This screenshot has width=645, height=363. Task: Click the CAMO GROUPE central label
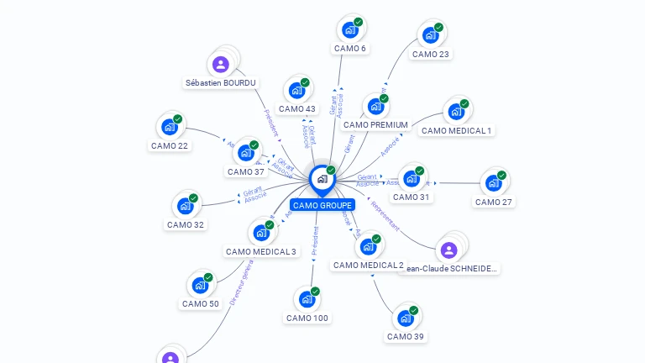pos(322,205)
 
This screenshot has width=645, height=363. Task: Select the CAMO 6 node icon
pos(349,30)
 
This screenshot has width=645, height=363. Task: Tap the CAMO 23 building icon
pos(431,35)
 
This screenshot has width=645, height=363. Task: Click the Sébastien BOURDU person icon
pos(221,64)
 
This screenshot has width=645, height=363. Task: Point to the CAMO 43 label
pos(297,108)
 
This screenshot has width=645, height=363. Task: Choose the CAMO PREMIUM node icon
pos(375,107)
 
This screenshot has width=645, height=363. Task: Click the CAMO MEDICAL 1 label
pos(456,130)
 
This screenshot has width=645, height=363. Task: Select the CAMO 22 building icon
pos(170,127)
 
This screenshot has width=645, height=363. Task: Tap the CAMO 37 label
pos(246,171)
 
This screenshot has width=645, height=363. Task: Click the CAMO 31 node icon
pos(411,179)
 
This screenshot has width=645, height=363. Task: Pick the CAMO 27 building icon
pos(494,183)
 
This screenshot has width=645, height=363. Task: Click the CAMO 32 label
pos(186,224)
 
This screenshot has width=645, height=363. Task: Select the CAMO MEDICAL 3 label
pos(261,251)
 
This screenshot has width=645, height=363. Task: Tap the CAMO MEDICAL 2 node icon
pos(368,247)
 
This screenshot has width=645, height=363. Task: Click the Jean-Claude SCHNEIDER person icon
pos(448,250)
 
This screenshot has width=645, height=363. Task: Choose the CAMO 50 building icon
pos(200,286)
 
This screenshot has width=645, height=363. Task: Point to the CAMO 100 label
pos(307,318)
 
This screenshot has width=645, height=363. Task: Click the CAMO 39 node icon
pos(405,318)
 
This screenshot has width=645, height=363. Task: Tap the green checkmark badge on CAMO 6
pos(359,22)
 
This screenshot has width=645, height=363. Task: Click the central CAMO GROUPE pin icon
pos(322,179)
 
